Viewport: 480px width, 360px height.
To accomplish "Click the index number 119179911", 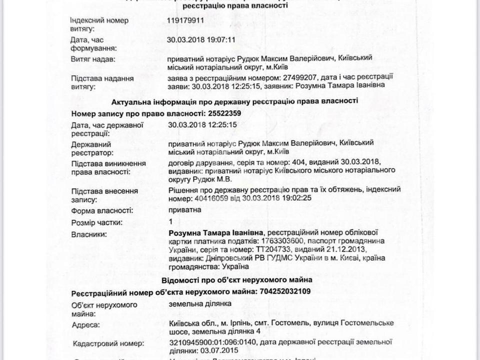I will click(x=186, y=21).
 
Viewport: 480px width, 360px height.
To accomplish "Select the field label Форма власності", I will click(x=102, y=210).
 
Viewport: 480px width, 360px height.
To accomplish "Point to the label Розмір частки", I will click(x=96, y=222).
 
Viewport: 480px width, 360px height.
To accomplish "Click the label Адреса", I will click(x=85, y=325).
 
